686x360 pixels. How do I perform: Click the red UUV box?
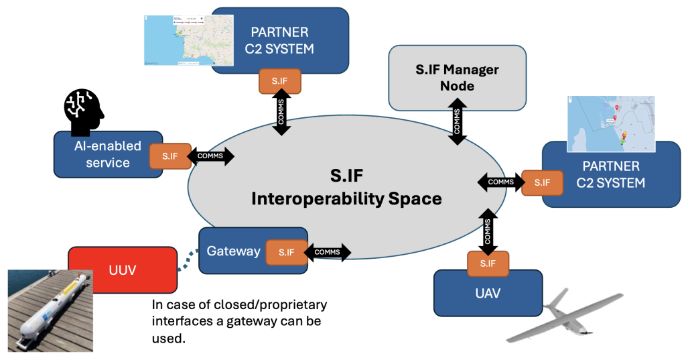coord(123,269)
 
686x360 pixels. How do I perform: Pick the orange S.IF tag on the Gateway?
coord(285,252)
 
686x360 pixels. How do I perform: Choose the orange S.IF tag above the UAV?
coord(488,264)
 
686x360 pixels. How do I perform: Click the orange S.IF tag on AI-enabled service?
coord(169,156)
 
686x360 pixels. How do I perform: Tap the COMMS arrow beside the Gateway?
coord(328,252)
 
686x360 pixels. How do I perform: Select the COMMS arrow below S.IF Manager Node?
coord(458,121)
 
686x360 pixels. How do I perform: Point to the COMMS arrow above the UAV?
coord(488,231)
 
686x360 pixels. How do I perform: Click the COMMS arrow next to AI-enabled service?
coord(212,156)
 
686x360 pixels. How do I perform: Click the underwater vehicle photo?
coord(49,310)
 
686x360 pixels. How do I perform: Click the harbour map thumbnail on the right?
coord(610,124)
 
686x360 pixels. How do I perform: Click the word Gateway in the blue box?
coord(233,251)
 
